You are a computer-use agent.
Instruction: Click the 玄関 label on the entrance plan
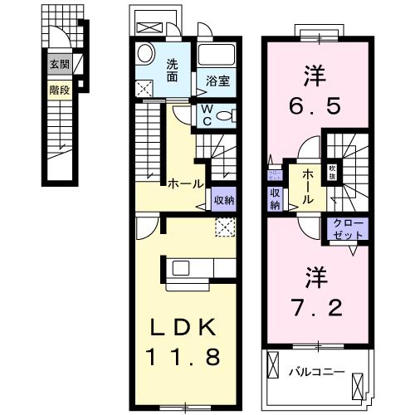[x=58, y=63]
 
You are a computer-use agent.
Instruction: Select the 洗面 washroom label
[x=172, y=71]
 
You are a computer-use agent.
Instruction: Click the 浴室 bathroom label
[x=218, y=81]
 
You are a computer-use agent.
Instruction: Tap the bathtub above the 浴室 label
[x=218, y=56]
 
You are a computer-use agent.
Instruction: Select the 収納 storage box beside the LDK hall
[x=222, y=199]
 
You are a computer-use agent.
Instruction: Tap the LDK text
[x=184, y=327]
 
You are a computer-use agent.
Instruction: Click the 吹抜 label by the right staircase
[x=331, y=171]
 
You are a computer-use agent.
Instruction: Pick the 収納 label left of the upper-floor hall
[x=275, y=199]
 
